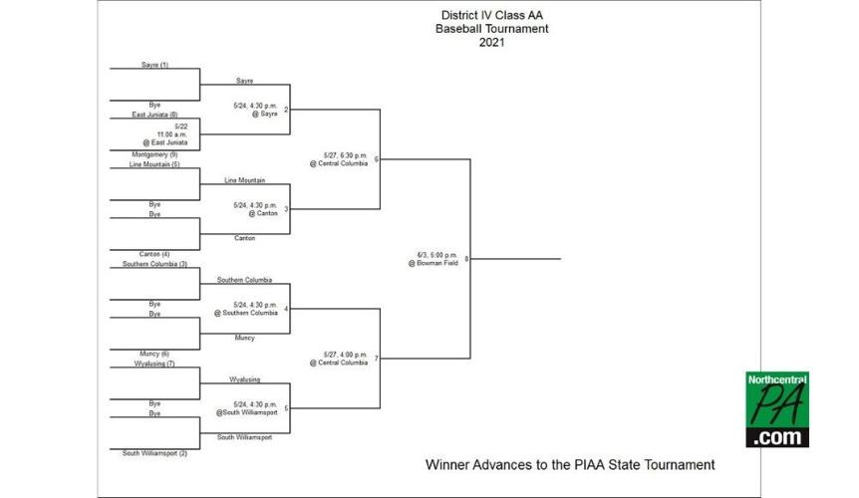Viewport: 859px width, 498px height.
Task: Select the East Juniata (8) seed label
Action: (x=153, y=115)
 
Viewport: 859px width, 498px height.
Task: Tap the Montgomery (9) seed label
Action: (x=153, y=154)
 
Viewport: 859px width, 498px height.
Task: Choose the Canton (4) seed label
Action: (x=149, y=254)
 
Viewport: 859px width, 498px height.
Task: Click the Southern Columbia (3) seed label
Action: (x=154, y=264)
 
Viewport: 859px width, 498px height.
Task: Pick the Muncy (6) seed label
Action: (x=150, y=354)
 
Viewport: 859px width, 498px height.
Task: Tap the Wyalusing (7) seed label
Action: (x=152, y=364)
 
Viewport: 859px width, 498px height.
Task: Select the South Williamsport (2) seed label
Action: (x=154, y=453)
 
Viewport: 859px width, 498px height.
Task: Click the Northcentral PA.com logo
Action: (x=777, y=409)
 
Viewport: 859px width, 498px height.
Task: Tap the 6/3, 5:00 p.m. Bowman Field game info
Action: (x=432, y=258)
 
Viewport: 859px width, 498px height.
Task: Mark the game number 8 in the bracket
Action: (x=466, y=259)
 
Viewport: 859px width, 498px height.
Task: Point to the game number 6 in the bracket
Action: (x=377, y=159)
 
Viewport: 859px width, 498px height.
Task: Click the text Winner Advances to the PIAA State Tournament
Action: (x=570, y=464)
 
